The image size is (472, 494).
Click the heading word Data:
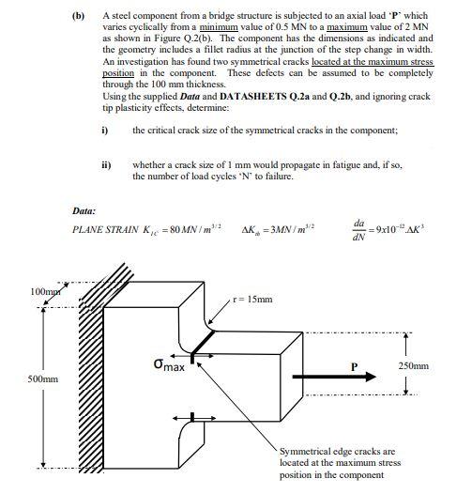85,209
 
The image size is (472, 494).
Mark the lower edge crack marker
191,416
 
